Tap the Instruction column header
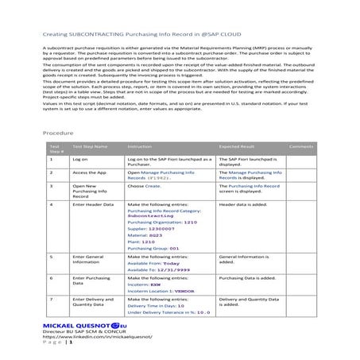pyautogui.click(x=139, y=147)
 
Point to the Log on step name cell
pyautogui.click(x=81, y=160)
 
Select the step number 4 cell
pyautogui.click(x=52, y=204)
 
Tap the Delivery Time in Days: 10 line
pyautogui.click(x=156, y=305)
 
